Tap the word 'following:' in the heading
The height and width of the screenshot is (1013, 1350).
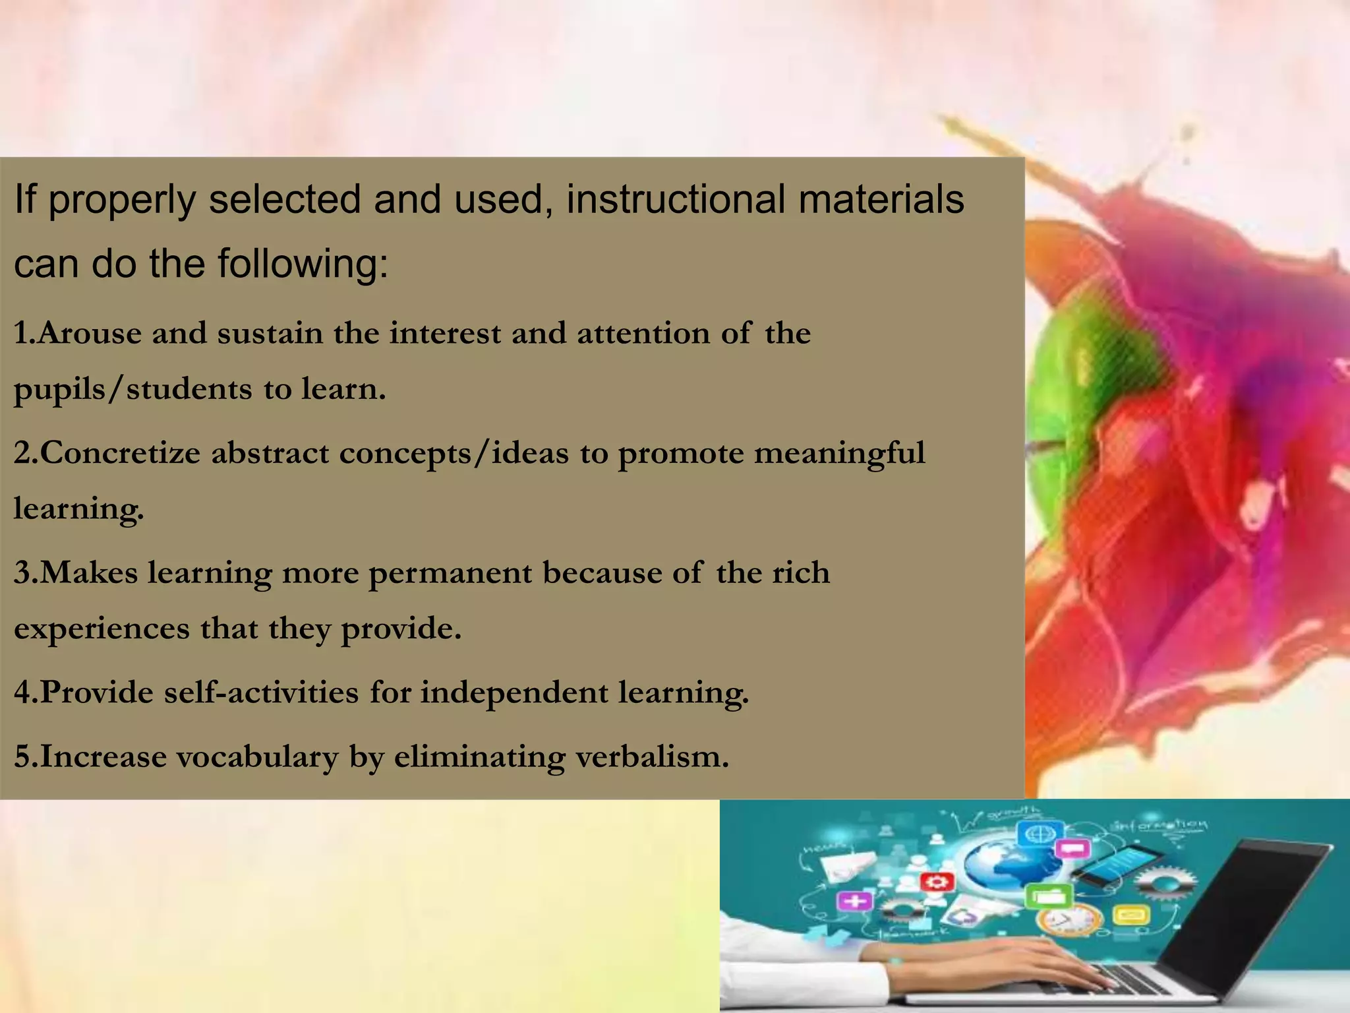(x=303, y=264)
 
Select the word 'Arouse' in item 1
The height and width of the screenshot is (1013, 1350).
(x=88, y=333)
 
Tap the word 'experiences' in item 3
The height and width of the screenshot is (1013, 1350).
(x=102, y=628)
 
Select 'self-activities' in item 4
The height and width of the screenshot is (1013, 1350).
(x=261, y=692)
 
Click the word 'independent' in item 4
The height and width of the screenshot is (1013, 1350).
(x=514, y=692)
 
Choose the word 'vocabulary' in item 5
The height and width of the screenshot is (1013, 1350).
(x=257, y=756)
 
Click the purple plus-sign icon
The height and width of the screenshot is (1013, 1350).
(x=854, y=901)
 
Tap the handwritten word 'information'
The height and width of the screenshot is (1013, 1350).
(x=1160, y=824)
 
